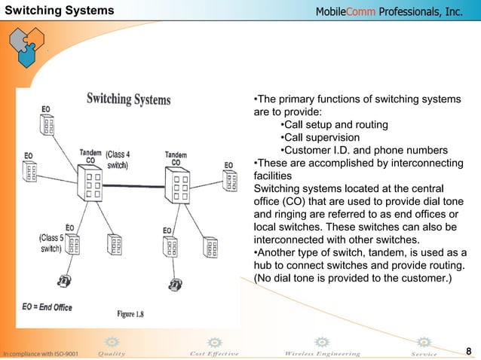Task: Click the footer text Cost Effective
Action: tap(215, 353)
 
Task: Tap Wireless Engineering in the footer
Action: tap(323, 353)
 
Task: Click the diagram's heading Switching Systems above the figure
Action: tap(129, 99)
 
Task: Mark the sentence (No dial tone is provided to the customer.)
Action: tap(353, 279)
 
